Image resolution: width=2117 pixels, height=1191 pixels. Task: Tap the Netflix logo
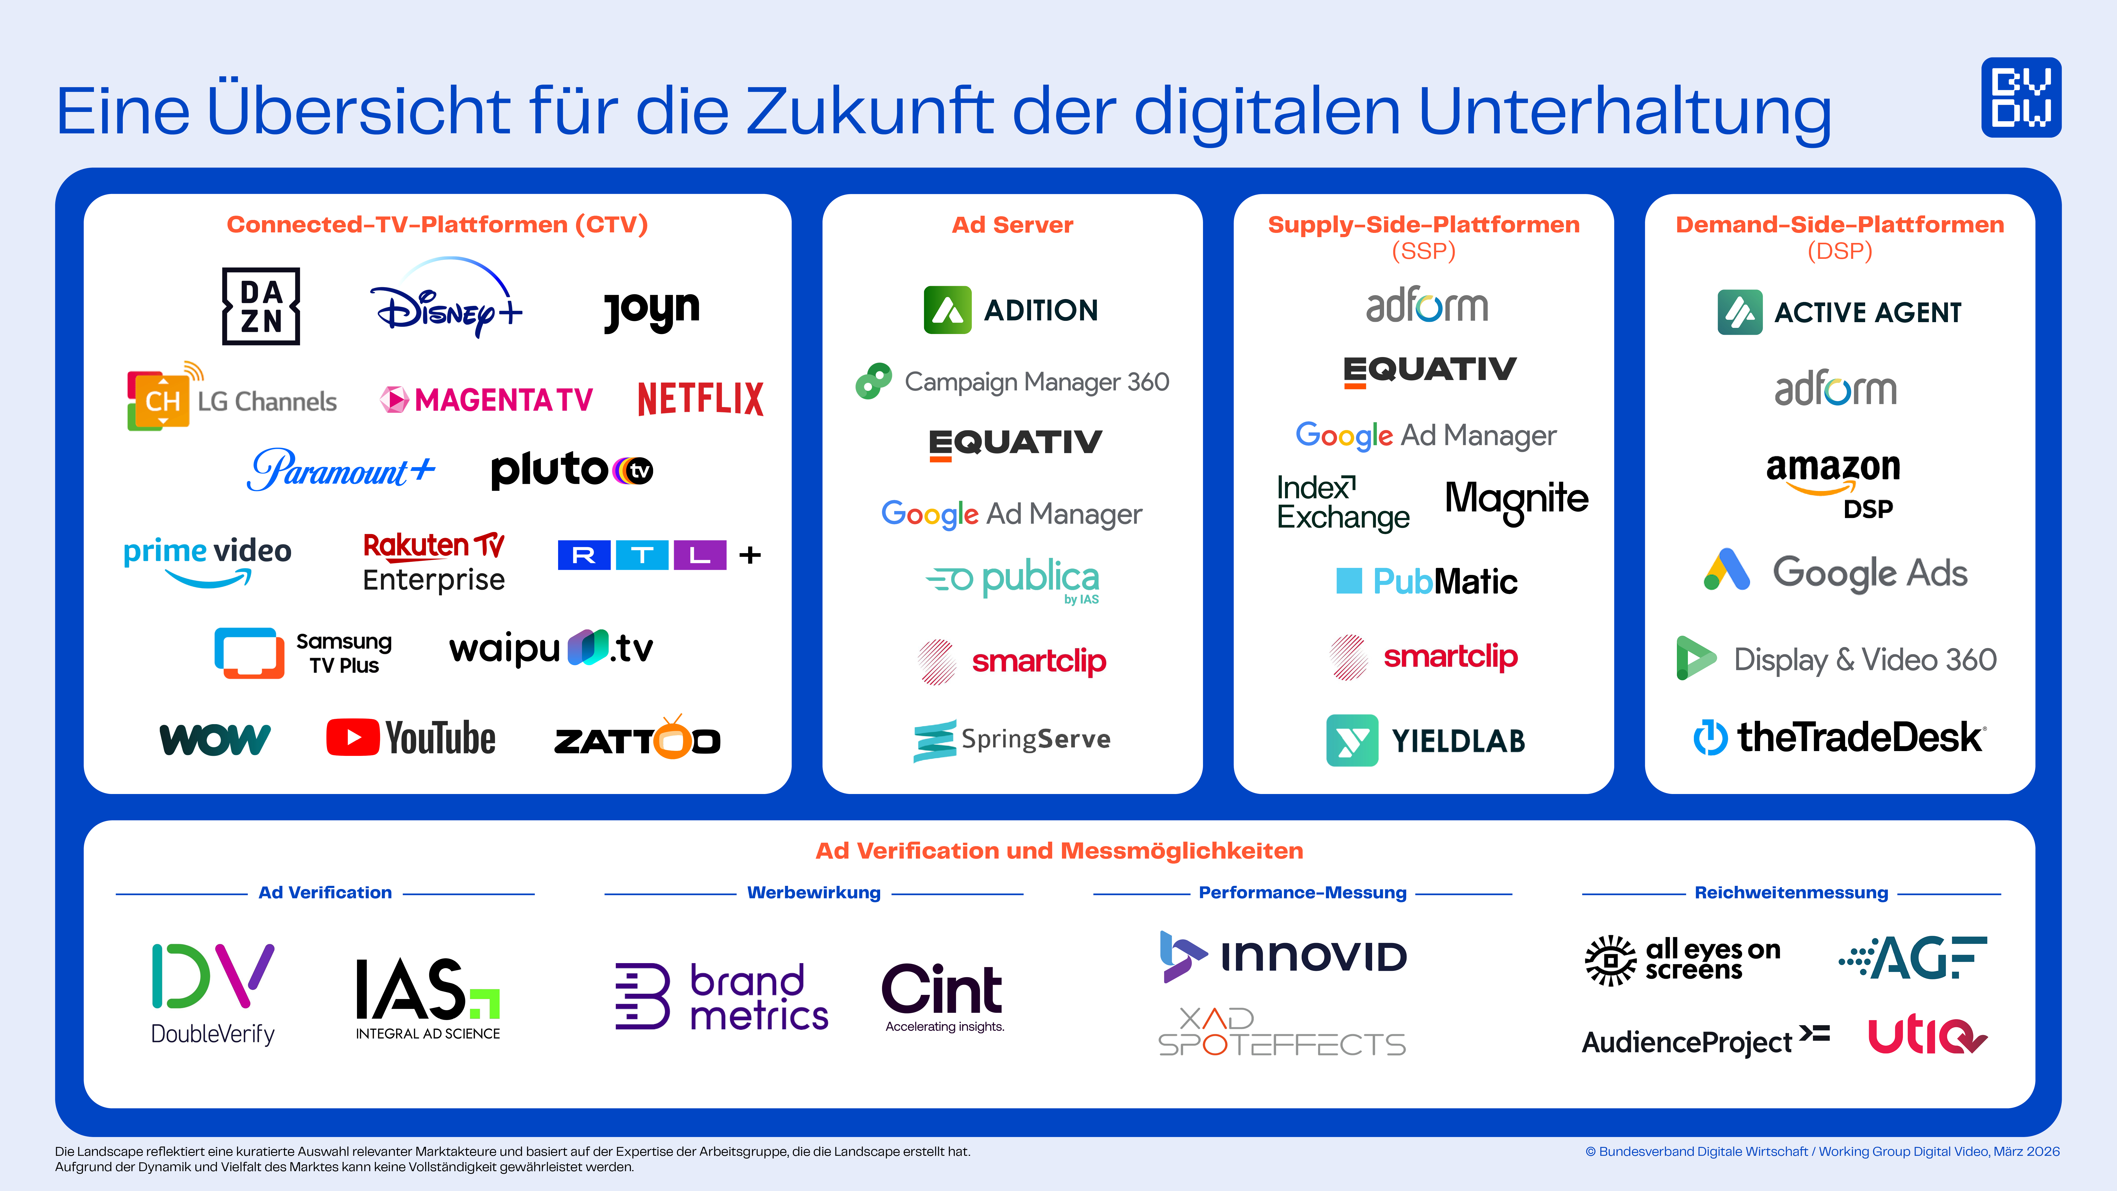700,399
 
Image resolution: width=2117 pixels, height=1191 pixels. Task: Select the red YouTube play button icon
352,737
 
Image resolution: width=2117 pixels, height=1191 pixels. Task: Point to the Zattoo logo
637,739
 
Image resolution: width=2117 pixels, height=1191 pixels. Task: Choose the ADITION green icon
947,310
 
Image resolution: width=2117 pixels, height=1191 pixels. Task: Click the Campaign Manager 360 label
1036,382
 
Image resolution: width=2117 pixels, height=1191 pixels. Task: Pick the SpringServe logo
1012,740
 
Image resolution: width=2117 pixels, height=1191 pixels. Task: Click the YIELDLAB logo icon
1352,741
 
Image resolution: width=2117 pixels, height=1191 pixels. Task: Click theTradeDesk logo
1839,737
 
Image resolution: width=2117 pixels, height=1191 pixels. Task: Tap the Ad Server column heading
1012,225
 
